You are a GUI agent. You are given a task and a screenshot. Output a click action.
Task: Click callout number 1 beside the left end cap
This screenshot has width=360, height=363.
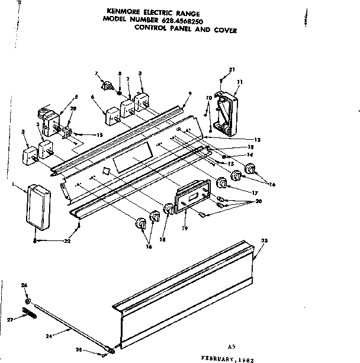(14, 186)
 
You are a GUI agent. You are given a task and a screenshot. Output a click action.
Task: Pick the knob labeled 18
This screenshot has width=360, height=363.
(168, 208)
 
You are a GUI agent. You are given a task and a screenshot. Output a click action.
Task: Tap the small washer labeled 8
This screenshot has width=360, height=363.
(120, 94)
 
